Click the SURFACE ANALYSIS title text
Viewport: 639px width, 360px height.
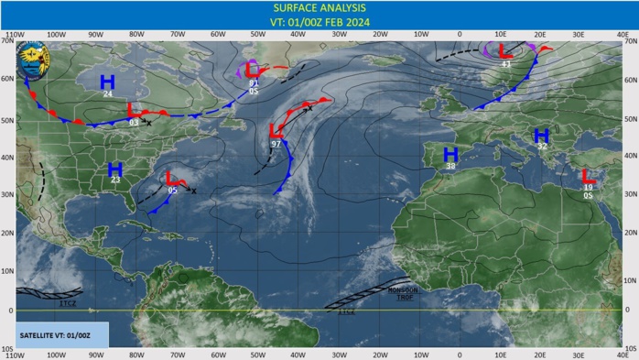(x=319, y=7)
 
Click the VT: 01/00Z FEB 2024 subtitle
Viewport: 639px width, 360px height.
(x=319, y=21)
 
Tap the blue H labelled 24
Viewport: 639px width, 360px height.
(x=107, y=82)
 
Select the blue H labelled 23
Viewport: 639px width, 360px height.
(x=115, y=169)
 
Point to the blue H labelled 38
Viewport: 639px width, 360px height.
(x=449, y=154)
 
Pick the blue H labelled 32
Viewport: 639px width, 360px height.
(x=541, y=136)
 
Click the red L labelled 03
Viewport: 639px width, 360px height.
(x=134, y=110)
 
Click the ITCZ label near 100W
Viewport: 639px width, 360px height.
(x=67, y=302)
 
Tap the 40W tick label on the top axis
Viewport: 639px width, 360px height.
(x=298, y=35)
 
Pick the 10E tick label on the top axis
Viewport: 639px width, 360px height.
(x=501, y=35)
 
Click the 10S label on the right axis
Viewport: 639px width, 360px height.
(x=630, y=349)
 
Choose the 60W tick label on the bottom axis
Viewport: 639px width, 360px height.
(x=218, y=355)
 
